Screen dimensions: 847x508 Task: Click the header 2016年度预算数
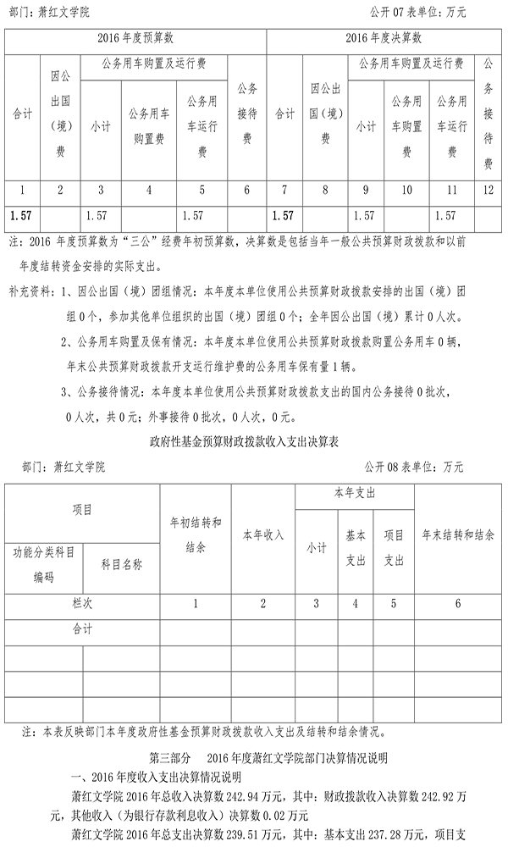pyautogui.click(x=135, y=38)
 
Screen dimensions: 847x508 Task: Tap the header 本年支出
pyautogui.click(x=355, y=493)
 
